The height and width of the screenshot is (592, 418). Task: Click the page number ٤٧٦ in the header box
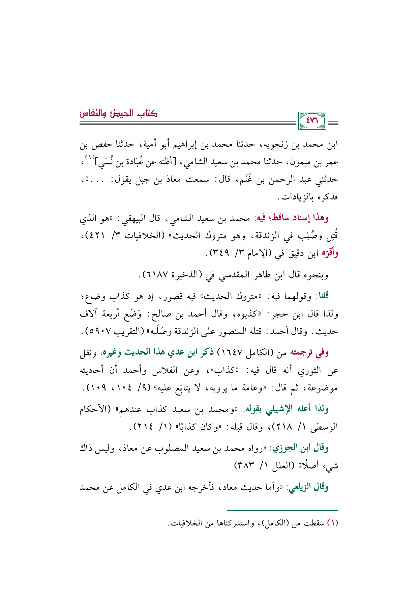[x=312, y=120]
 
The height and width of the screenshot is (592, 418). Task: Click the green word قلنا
[x=322, y=296]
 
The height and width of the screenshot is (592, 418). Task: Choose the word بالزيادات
[x=299, y=197]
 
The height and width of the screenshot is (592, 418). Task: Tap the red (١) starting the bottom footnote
[x=333, y=523]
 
